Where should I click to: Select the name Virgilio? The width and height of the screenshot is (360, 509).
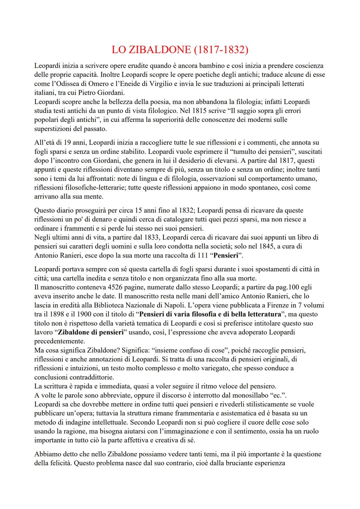[160, 84]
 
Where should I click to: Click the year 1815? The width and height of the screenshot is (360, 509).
[189, 110]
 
